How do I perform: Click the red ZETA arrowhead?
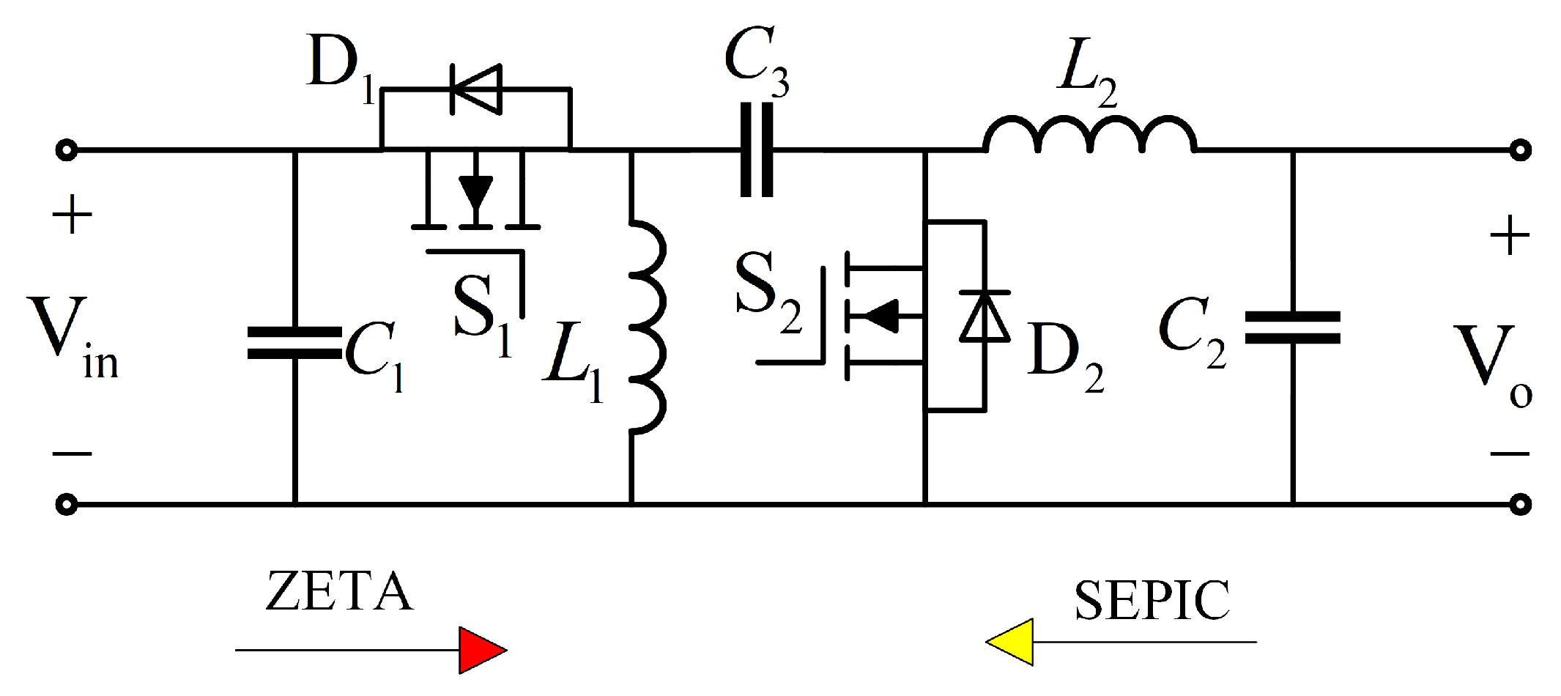(481, 650)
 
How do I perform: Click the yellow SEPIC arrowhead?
(1012, 642)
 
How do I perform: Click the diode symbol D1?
(476, 89)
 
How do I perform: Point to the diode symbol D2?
(985, 316)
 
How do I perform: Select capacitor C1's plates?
(294, 343)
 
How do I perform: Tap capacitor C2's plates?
(1293, 327)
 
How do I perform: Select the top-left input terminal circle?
(67, 151)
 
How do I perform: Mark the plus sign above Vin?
(71, 217)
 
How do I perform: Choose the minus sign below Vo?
(1509, 454)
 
